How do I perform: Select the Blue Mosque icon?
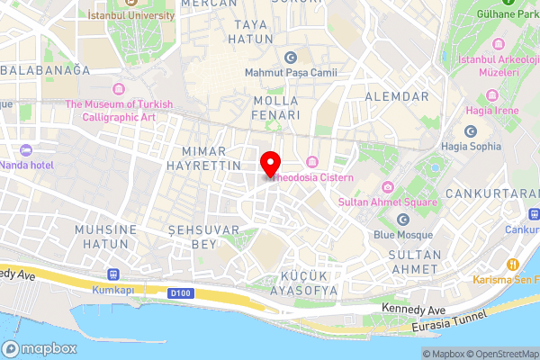click(403, 220)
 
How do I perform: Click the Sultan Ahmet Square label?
click(387, 202)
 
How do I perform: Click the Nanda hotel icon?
click(25, 150)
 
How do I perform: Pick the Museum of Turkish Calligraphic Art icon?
click(119, 89)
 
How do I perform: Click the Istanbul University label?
click(133, 15)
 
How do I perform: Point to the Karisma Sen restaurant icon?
click(512, 265)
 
